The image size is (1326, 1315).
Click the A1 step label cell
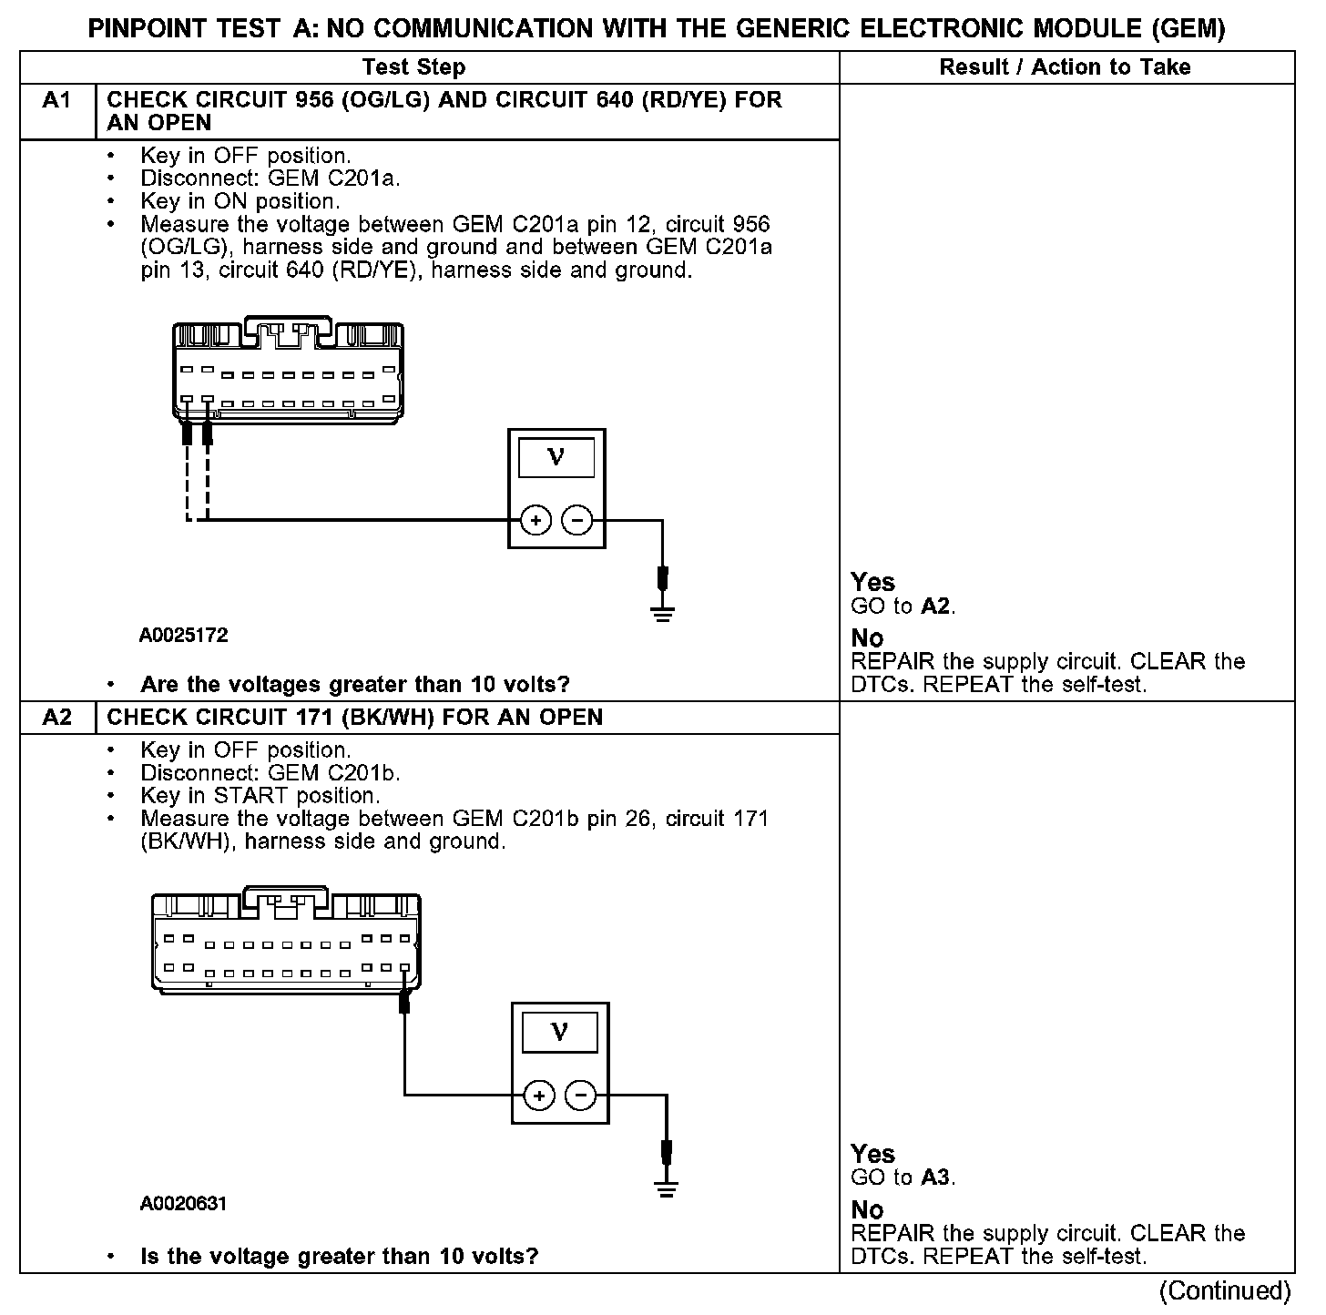tap(56, 100)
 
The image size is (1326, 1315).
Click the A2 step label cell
tap(56, 718)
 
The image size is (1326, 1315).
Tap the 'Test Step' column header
tap(413, 67)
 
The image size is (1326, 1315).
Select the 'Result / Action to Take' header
tap(1065, 67)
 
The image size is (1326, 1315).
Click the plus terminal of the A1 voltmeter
tap(535, 521)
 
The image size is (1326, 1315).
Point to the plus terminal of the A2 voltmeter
tap(539, 1095)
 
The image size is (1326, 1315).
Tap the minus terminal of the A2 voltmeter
tap(581, 1095)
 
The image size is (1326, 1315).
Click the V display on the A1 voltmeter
tap(556, 457)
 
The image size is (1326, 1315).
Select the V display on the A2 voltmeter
tap(560, 1032)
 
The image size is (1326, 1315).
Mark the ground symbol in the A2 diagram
tap(667, 1188)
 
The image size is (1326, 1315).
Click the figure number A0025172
tap(184, 636)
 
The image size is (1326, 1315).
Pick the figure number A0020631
tap(184, 1204)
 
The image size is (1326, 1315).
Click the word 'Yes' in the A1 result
tap(872, 583)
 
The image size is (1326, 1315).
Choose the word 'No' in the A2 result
tap(867, 1210)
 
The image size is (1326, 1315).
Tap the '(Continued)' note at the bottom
tap(1225, 1291)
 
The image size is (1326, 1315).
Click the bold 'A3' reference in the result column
tap(936, 1177)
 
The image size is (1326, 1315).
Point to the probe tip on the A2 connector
tap(404, 1003)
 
